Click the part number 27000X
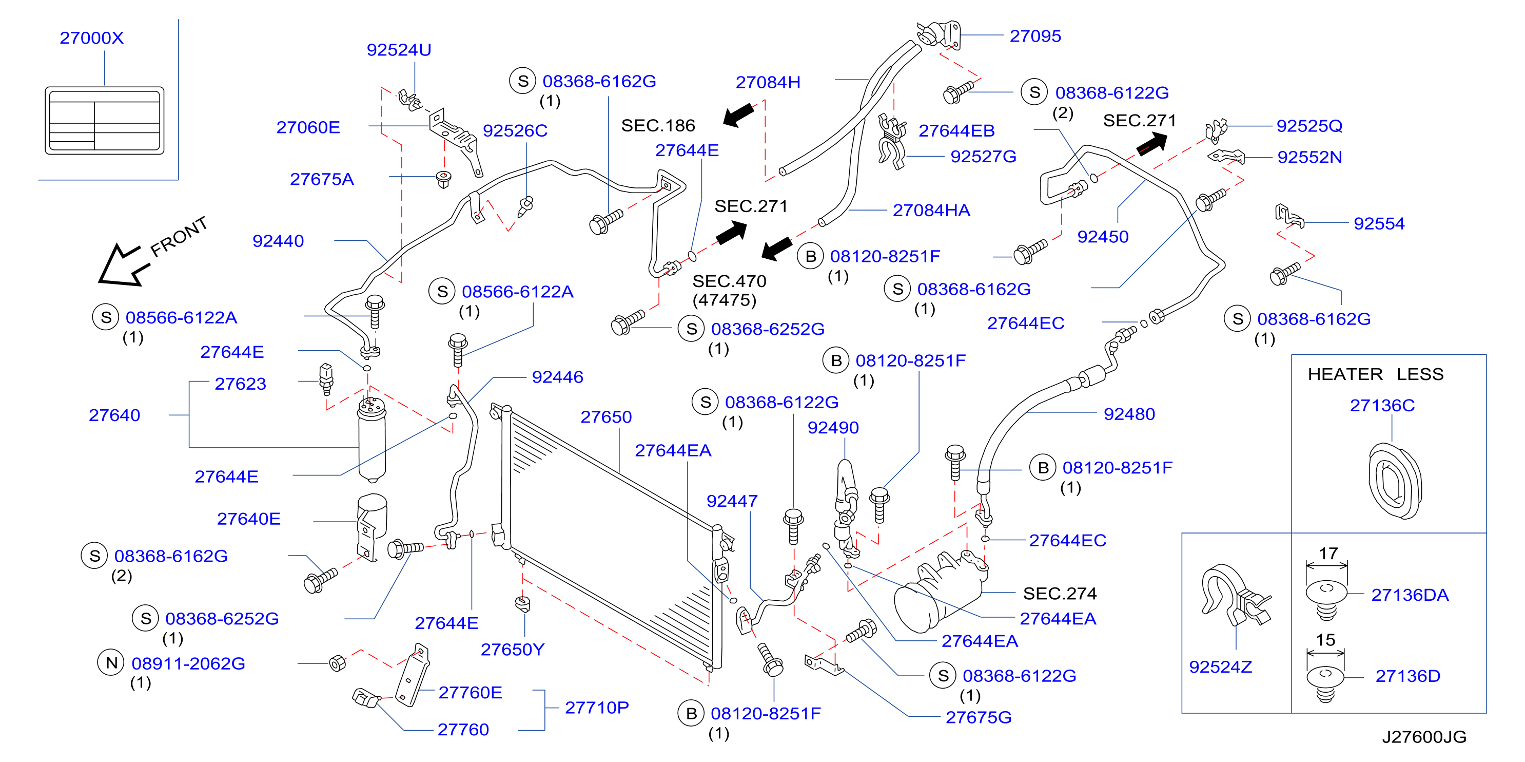[x=92, y=38]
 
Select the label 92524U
[x=399, y=50]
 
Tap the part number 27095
[x=1035, y=36]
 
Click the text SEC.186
[x=658, y=126]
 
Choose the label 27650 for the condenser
[x=605, y=417]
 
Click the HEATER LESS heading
[x=1375, y=374]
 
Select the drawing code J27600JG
[x=1424, y=737]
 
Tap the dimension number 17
[x=1328, y=554]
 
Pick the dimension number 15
[x=1325, y=640]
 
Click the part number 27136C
[x=1382, y=405]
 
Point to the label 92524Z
[x=1220, y=667]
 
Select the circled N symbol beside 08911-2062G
[x=111, y=663]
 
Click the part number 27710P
[x=596, y=708]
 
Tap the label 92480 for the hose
[x=1129, y=414]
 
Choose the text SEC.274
[x=1060, y=594]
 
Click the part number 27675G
[x=978, y=717]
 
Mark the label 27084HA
[x=931, y=211]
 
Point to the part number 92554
[x=1379, y=223]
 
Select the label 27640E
[x=249, y=519]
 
